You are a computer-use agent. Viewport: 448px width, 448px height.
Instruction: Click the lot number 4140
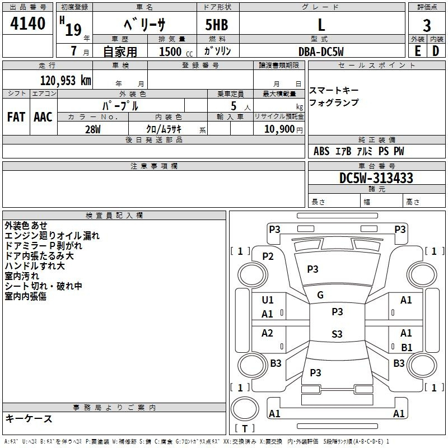27,24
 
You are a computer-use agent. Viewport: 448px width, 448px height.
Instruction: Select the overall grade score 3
427,25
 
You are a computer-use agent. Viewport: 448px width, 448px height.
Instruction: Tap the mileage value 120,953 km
66,80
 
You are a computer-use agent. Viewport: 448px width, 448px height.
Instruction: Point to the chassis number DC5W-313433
376,178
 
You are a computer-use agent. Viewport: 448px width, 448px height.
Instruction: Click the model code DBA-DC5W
321,52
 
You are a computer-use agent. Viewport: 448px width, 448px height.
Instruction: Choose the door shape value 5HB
217,25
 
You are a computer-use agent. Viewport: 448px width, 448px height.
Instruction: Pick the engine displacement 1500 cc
176,52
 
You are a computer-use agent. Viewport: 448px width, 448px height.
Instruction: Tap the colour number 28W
93,129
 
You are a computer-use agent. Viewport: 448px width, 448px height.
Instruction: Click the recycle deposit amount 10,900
279,129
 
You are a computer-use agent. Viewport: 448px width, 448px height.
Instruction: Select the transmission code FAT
16,117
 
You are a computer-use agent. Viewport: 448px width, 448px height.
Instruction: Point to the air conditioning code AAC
43,117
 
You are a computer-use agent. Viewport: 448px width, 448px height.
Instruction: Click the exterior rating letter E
418,51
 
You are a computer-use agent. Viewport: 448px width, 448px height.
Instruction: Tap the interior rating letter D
436,51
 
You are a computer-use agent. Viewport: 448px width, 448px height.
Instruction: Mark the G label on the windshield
320,295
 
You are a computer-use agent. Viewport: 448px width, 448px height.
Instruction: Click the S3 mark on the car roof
337,334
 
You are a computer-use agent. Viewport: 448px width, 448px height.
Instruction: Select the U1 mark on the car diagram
268,300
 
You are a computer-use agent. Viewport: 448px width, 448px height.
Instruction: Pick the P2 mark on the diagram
268,256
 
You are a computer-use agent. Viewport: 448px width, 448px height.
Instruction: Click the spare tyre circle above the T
245,409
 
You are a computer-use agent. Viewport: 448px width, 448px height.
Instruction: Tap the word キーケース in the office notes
29,418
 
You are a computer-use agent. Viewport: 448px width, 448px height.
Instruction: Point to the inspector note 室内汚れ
22,276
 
